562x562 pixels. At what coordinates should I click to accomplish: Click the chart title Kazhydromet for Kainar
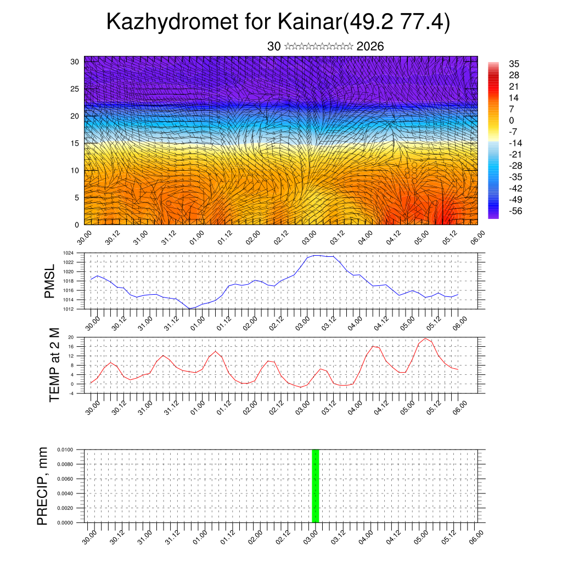tap(278, 22)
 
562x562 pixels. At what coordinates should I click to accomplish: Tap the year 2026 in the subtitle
tap(370, 47)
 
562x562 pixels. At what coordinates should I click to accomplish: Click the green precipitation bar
tap(315, 486)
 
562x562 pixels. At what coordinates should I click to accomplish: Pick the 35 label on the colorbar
tap(514, 64)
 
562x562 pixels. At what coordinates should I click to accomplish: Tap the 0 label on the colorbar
tap(512, 120)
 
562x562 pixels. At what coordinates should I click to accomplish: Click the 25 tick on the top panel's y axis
tap(75, 88)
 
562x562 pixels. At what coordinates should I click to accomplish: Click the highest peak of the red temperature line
tap(425, 338)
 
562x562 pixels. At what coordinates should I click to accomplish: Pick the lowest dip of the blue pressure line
tap(190, 308)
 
